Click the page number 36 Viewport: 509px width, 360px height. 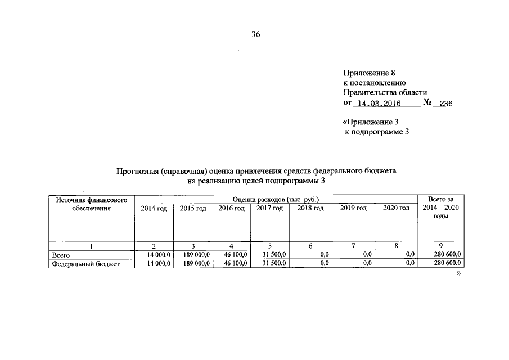coord(255,34)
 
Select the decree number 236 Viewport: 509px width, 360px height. coord(445,103)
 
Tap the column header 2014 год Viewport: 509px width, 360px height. coord(154,208)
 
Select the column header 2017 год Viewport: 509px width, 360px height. coord(269,208)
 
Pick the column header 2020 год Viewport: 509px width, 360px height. coord(396,208)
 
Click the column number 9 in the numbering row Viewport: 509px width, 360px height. coord(440,246)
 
